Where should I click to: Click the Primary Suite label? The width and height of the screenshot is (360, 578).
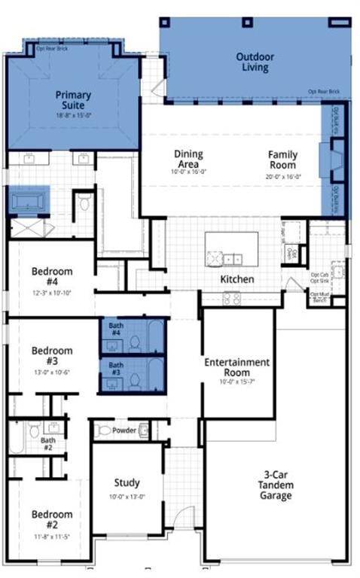(73, 101)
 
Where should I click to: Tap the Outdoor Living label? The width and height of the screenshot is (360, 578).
(255, 62)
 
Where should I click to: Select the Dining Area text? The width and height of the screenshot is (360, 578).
(188, 159)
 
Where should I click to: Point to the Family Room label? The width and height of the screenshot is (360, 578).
(283, 160)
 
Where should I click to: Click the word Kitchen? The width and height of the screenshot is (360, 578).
(236, 279)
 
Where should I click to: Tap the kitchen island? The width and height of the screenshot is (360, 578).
(231, 249)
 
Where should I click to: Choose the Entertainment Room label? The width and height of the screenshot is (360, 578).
(237, 367)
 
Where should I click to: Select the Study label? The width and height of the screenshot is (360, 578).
(127, 482)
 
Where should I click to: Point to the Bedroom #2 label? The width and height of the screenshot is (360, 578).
(52, 519)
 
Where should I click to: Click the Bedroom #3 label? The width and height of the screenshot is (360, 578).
(52, 356)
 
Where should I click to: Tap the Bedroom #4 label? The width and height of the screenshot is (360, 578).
(52, 276)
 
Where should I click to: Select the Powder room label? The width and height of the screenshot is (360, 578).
(124, 431)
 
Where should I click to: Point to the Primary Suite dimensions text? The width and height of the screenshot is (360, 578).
(73, 116)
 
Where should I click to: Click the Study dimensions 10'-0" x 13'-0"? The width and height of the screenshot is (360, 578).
(127, 497)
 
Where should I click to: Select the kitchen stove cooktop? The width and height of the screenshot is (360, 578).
(231, 298)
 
